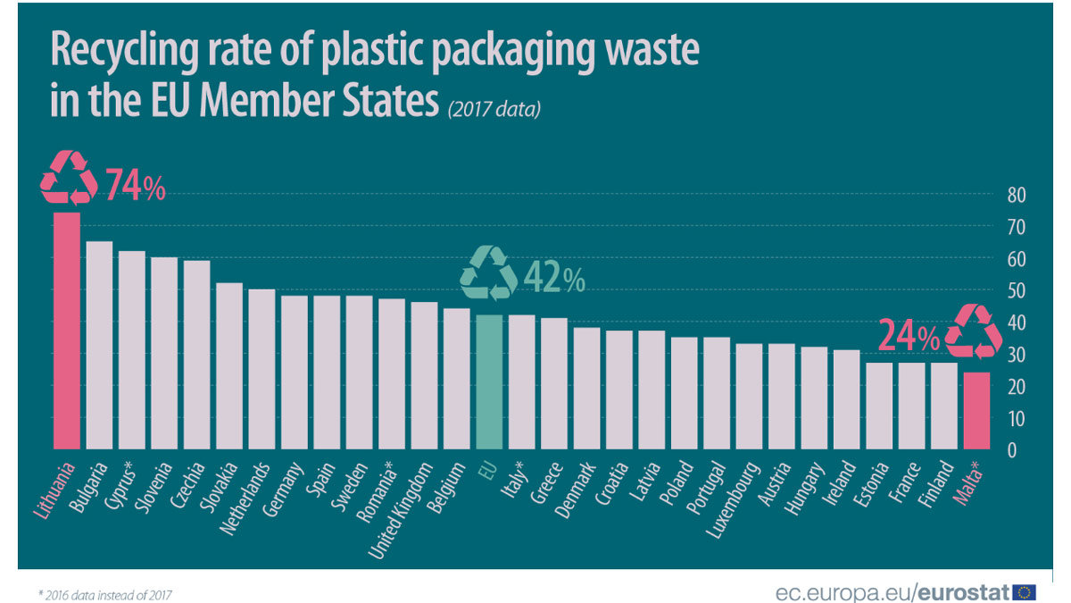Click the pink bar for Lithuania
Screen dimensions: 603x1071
pos(66,331)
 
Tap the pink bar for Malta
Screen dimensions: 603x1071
pos(976,410)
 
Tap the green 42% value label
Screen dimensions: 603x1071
pos(554,279)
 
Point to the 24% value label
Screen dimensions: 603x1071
pos(909,337)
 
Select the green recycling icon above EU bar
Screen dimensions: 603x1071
pos(488,272)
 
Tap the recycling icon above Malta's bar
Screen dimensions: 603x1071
pos(974,331)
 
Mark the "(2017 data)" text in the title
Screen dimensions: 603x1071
pos(494,110)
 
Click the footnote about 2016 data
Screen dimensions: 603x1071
pos(105,593)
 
